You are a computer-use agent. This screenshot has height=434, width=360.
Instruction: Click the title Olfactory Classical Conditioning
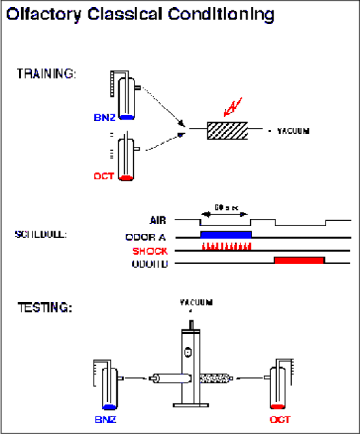140,14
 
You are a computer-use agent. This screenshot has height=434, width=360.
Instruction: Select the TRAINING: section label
46,73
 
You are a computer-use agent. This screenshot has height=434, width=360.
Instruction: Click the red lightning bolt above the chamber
232,107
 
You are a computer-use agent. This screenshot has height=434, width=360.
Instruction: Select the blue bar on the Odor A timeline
225,234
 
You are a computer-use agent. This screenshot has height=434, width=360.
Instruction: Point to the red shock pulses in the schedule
225,247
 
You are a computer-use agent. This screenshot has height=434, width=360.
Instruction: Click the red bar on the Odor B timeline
299,260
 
